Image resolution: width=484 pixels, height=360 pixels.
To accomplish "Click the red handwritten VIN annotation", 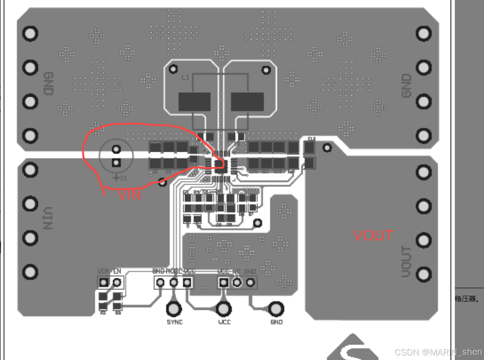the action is click(129, 195).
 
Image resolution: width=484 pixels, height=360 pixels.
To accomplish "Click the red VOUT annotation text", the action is click(373, 235).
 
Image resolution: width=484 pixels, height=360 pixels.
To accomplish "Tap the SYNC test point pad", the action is click(174, 309).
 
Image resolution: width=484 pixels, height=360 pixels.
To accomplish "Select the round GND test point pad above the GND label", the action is click(276, 309).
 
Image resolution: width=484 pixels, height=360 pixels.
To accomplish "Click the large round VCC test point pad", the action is click(223, 309).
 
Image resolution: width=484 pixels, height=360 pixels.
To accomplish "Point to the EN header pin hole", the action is click(117, 283).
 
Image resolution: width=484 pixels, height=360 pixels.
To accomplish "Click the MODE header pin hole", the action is click(174, 283).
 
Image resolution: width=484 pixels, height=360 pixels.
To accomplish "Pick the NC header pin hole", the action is click(237, 283).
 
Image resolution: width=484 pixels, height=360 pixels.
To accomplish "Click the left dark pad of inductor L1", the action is click(194, 102).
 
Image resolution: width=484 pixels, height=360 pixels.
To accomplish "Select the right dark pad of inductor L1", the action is click(247, 102).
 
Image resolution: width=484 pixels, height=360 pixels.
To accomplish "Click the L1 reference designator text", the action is click(185, 78).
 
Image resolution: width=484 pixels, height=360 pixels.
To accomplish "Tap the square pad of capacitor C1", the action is click(116, 163).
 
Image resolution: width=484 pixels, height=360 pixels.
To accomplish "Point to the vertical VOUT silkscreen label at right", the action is click(406, 262).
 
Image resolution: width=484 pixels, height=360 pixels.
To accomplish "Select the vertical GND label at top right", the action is click(406, 86).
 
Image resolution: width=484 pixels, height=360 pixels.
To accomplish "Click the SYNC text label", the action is click(175, 322).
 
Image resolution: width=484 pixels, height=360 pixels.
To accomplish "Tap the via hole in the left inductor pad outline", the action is click(173, 69).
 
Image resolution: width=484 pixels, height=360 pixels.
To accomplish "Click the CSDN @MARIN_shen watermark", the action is click(438, 352).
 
